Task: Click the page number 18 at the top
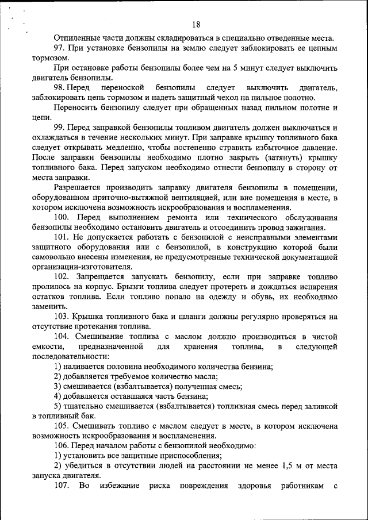point(196,24)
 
